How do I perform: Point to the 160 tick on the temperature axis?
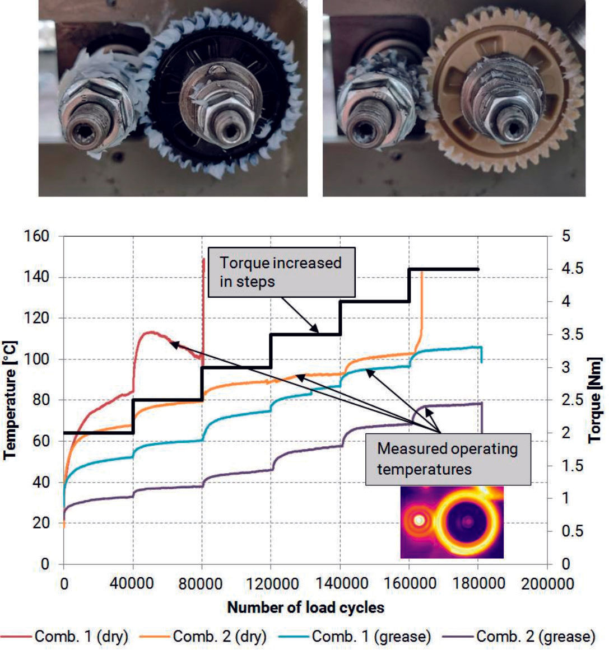38,236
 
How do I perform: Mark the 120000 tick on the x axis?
271,583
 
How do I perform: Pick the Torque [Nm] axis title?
596,400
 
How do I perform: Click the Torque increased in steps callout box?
281,272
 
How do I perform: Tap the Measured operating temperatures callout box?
447,458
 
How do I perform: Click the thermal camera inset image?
452,522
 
